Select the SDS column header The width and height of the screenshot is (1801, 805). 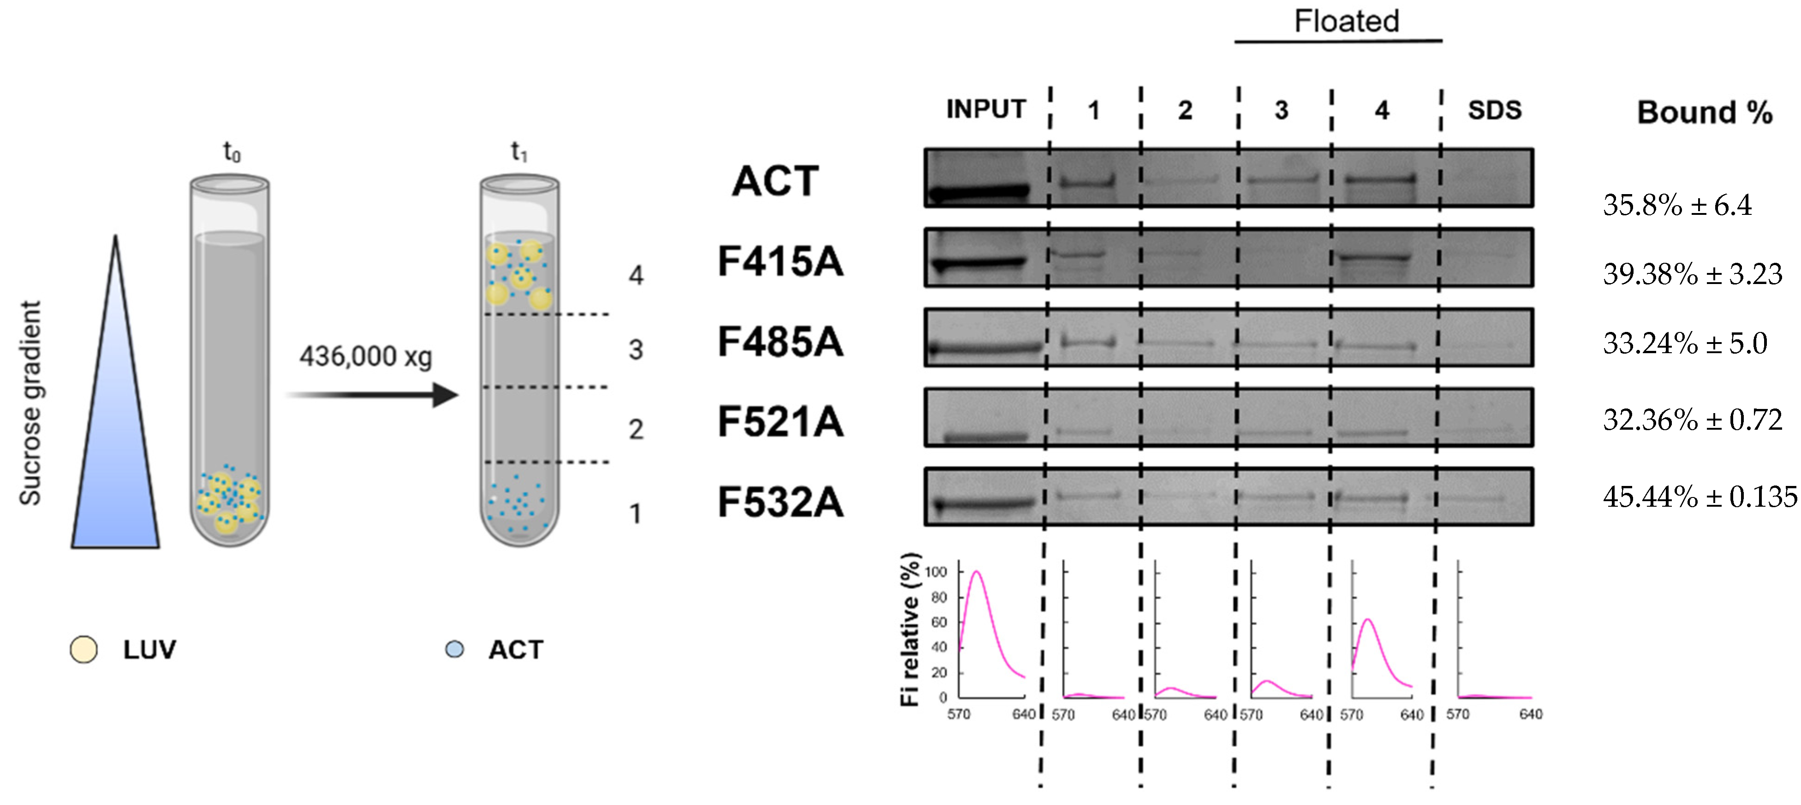(x=1494, y=110)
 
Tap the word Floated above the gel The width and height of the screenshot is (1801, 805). (x=1346, y=21)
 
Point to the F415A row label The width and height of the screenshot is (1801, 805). (x=780, y=262)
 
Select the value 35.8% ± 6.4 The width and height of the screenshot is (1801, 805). (x=1676, y=205)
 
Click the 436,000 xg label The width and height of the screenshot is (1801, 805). (x=366, y=356)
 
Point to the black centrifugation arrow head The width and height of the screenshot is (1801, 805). (x=445, y=395)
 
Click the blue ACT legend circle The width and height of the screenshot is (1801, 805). (x=454, y=649)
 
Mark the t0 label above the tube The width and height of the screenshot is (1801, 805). (x=232, y=151)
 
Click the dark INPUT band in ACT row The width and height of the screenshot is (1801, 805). (x=979, y=191)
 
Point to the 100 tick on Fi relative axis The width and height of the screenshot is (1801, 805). (x=936, y=572)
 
